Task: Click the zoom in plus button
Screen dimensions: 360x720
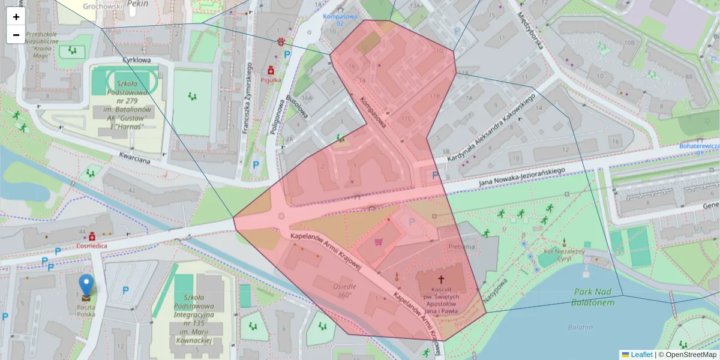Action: [16, 17]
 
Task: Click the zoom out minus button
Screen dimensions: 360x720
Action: [16, 35]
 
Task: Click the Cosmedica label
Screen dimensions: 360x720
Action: [92, 246]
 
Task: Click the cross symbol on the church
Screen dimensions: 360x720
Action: [442, 279]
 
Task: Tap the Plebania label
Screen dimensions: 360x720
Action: [461, 246]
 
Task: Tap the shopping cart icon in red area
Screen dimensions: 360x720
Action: [379, 242]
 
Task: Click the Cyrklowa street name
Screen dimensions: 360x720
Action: [136, 60]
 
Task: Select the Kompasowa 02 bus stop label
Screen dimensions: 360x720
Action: [340, 20]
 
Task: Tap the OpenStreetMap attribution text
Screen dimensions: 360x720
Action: [690, 355]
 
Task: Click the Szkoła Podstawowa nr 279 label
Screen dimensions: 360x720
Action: [126, 102]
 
